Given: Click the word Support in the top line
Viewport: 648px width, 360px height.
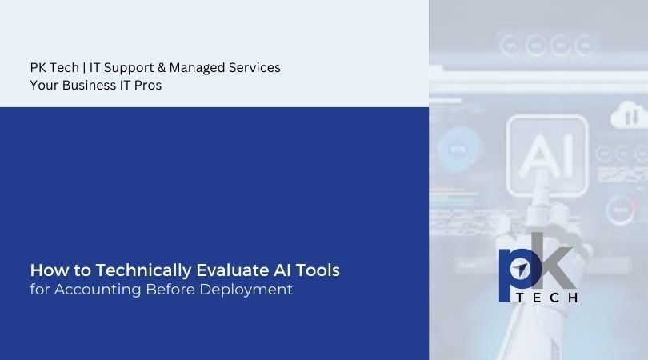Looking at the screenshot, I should pos(133,68).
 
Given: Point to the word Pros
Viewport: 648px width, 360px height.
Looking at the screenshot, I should pos(148,86).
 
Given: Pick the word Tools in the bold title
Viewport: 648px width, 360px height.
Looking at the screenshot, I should pos(320,270).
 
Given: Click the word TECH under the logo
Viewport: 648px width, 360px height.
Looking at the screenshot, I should pos(544,298).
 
